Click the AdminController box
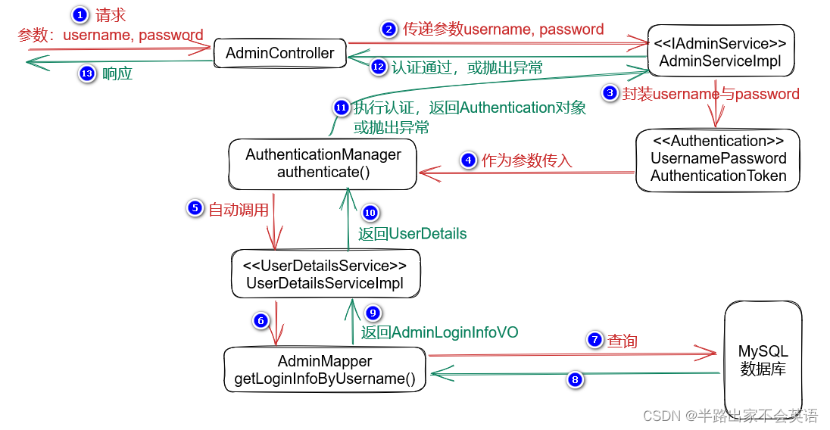pos(279,53)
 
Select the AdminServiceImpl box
pos(720,52)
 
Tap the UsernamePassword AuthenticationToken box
pos(718,159)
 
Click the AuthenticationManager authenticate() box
pos(323,164)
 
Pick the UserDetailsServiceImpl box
pos(325,275)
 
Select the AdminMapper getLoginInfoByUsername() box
pos(325,370)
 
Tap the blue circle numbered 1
pos(80,14)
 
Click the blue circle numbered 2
pos(388,30)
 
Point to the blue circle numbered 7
pos(594,341)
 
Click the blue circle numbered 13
pos(88,74)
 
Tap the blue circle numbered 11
pos(342,108)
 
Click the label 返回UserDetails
pos(412,234)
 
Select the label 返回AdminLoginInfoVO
pos(439,332)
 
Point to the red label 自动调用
pos(239,210)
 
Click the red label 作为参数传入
pos(527,160)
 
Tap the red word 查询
pos(622,341)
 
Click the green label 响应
pos(117,74)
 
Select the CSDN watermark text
pos(730,416)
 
